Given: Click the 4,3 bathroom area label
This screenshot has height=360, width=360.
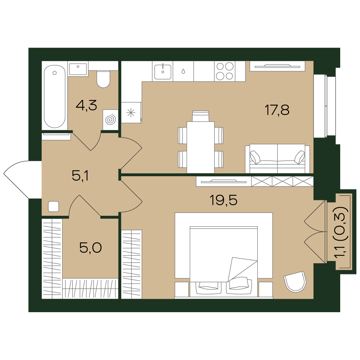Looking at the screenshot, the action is (x=86, y=105).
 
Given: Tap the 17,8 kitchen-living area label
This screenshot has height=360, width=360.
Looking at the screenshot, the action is (x=277, y=110).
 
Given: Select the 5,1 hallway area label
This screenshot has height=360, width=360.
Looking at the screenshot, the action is (x=80, y=176).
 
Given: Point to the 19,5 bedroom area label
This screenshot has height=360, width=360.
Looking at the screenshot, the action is (x=224, y=200).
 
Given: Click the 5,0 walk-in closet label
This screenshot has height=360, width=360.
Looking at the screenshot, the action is (x=91, y=248).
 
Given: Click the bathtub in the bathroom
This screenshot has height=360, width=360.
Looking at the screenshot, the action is (x=54, y=96).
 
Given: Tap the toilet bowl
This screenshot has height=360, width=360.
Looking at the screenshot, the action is (x=103, y=79).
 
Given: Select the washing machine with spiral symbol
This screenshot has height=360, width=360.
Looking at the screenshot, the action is (x=111, y=120).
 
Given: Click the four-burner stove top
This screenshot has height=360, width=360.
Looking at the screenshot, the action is (x=225, y=71).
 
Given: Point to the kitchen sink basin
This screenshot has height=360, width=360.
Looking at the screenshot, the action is (x=163, y=72).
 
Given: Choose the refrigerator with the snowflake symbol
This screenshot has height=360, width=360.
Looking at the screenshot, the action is (x=131, y=113).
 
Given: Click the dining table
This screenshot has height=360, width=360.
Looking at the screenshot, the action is (x=201, y=147).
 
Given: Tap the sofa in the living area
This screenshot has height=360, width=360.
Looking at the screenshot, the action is (x=278, y=158).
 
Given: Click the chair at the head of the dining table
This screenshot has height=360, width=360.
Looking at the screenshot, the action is (x=201, y=116).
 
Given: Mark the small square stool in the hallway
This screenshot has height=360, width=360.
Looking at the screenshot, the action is (x=54, y=206).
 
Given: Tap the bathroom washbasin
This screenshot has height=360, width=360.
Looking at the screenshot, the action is (x=78, y=69).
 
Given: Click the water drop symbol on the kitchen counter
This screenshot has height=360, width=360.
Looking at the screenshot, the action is (x=183, y=72).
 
